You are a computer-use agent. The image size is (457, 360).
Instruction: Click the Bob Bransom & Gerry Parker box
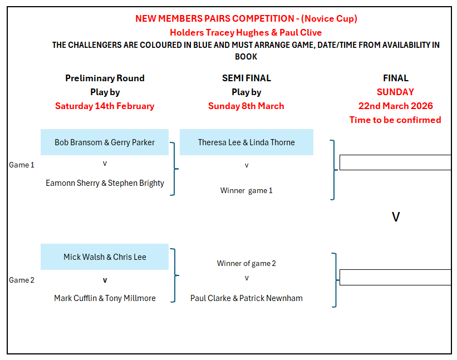pyautogui.click(x=105, y=142)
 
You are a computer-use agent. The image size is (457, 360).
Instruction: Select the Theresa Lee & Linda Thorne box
pyautogui.click(x=247, y=142)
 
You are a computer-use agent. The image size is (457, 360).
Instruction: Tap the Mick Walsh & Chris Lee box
pyautogui.click(x=105, y=257)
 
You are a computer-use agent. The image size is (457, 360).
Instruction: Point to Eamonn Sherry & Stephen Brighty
pyautogui.click(x=105, y=183)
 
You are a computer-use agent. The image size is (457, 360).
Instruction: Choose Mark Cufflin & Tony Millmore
pyautogui.click(x=105, y=298)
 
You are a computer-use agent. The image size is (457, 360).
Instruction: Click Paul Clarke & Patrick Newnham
pyautogui.click(x=247, y=298)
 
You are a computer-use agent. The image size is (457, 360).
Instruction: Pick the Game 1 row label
pyautogui.click(x=22, y=165)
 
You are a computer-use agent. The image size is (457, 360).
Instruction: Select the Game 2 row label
pyautogui.click(x=22, y=280)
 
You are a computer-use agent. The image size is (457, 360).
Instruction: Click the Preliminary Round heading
pyautogui.click(x=105, y=78)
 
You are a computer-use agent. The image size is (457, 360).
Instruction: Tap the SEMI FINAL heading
pyautogui.click(x=247, y=78)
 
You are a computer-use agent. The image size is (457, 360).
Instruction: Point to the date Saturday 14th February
pyautogui.click(x=105, y=106)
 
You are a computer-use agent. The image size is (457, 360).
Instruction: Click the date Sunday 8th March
pyautogui.click(x=247, y=106)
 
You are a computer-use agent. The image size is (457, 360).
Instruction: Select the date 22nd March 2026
pyautogui.click(x=395, y=106)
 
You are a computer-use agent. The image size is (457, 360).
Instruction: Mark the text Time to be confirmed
pyautogui.click(x=395, y=120)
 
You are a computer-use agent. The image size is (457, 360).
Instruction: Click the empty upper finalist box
pyautogui.click(x=395, y=162)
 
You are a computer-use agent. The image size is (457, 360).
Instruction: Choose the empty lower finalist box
pyautogui.click(x=395, y=278)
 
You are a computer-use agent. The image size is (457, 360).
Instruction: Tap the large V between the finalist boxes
pyautogui.click(x=396, y=217)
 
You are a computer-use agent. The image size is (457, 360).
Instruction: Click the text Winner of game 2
pyautogui.click(x=247, y=264)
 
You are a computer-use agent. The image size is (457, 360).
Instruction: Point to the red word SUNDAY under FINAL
pyautogui.click(x=395, y=92)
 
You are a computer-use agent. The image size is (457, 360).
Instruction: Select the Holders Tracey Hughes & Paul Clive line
pyautogui.click(x=246, y=33)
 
